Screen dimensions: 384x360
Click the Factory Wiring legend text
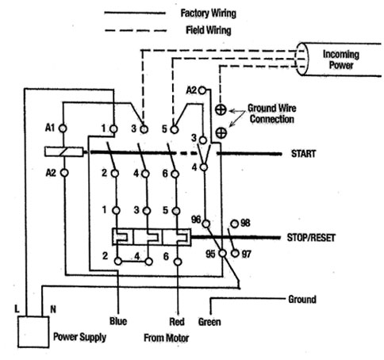click(208, 13)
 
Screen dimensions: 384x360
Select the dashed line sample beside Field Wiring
click(136, 31)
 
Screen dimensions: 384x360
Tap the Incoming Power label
click(341, 59)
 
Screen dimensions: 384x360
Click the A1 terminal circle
click(63, 128)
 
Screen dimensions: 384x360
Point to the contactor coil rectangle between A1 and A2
click(63, 151)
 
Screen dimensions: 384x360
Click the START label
click(303, 154)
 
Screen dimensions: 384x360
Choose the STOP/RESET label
click(311, 238)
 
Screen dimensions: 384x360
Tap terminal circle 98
click(235, 224)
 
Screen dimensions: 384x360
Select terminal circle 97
click(235, 253)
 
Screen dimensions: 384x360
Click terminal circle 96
click(205, 224)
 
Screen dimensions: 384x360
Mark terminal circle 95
click(223, 253)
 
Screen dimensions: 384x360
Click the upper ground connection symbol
click(221, 109)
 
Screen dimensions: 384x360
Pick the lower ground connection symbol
click(221, 132)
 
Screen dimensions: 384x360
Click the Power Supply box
click(33, 331)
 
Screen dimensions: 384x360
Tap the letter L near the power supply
click(17, 309)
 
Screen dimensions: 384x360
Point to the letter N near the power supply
click(53, 309)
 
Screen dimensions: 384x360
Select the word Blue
click(118, 321)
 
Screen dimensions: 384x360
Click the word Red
click(177, 322)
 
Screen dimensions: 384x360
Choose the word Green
click(209, 322)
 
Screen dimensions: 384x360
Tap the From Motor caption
click(167, 338)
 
